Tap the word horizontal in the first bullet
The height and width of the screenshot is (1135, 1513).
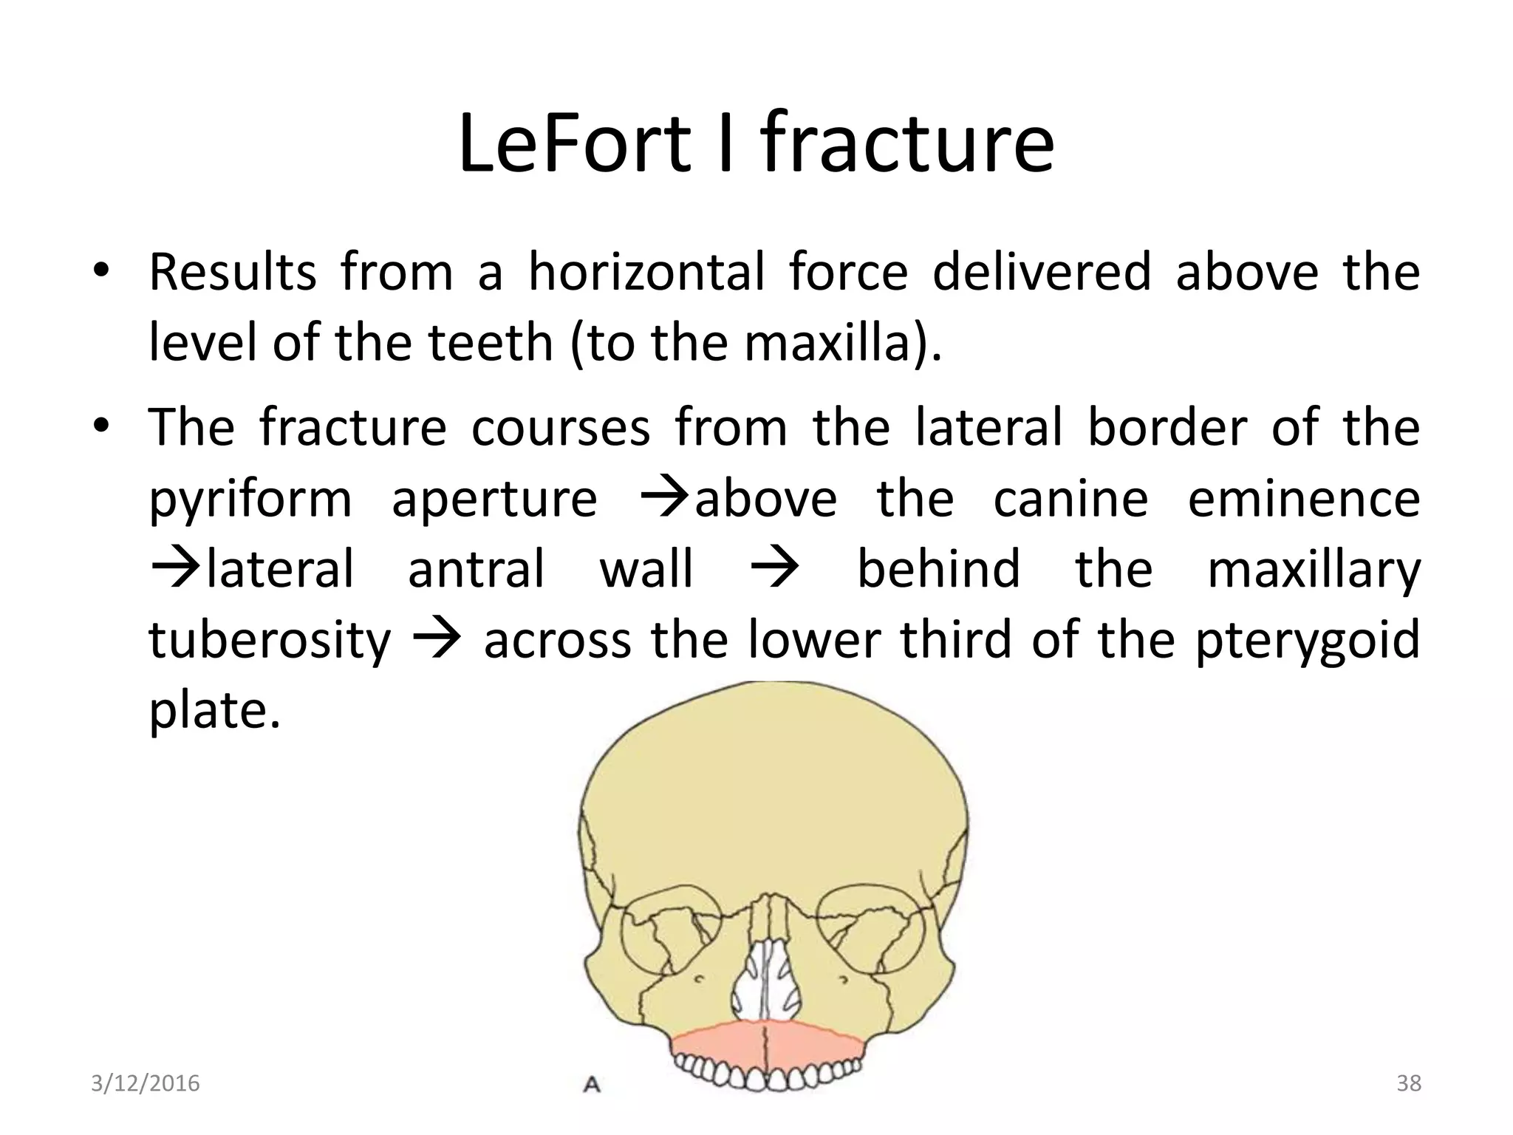pyautogui.click(x=646, y=272)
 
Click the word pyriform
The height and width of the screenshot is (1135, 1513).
pyautogui.click(x=250, y=500)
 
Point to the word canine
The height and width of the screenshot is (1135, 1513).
pyautogui.click(x=1070, y=498)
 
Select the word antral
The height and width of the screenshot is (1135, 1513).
pyautogui.click(x=477, y=569)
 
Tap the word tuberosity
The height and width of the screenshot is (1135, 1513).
pyautogui.click(x=269, y=640)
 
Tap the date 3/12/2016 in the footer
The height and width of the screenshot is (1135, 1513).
pyautogui.click(x=146, y=1083)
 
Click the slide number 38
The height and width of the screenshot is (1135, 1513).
pyautogui.click(x=1409, y=1083)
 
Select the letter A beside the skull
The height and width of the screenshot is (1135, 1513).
pyautogui.click(x=592, y=1085)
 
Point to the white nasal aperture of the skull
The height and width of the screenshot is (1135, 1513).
pyautogui.click(x=768, y=983)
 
